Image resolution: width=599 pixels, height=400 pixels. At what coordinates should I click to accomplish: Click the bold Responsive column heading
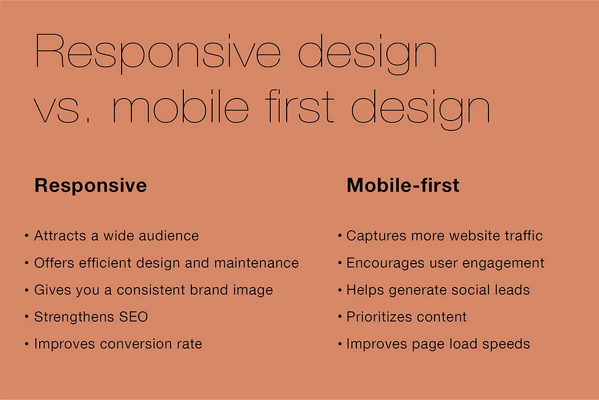(x=90, y=185)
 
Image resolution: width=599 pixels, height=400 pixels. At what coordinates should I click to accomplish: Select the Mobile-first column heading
(x=403, y=185)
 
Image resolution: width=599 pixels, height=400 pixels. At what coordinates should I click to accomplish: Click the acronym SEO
(x=134, y=317)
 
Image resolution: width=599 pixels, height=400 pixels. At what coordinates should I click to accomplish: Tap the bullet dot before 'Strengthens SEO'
(x=27, y=317)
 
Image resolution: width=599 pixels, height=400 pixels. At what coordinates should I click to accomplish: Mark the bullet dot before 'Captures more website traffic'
(x=339, y=235)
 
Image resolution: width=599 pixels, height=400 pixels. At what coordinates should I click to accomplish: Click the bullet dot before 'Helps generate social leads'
(x=339, y=290)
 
